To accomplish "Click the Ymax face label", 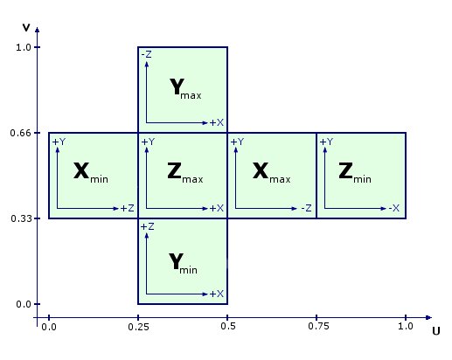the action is tap(185, 88).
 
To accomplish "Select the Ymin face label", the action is tap(183, 263).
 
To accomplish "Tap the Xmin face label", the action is tap(91, 173).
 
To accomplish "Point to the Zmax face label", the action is tap(185, 173).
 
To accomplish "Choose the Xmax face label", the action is tap(271, 173).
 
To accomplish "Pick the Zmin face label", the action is tap(355, 173).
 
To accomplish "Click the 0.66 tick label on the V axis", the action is tap(20, 133).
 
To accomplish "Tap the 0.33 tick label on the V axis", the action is tap(20, 218).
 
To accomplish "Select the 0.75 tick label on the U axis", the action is tap(318, 326).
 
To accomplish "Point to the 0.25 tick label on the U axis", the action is tap(138, 327).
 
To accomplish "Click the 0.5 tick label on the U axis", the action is tap(228, 326).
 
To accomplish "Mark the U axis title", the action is tap(436, 331).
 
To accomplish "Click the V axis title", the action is tap(26, 28).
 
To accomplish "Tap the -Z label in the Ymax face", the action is tap(146, 54).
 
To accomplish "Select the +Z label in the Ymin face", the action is tap(147, 226).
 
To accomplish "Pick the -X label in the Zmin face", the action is tap(393, 208).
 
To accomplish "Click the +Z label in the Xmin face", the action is tap(128, 208).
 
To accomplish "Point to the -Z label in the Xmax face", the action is tap(306, 208).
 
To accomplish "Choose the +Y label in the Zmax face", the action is tap(148, 142).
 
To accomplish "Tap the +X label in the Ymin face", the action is tap(217, 294).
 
